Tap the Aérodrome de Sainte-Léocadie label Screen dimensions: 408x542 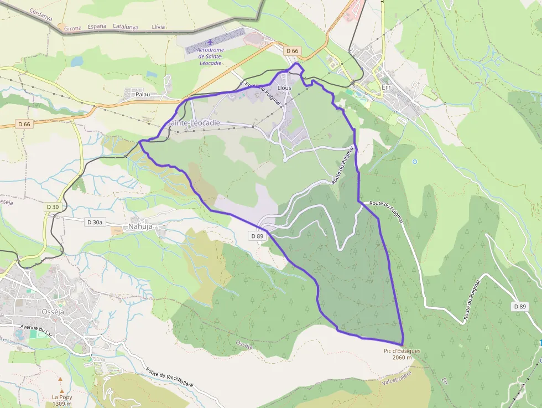[210, 56]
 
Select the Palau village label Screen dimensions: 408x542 [143, 95]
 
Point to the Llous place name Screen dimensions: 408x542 [284, 87]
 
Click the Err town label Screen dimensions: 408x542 [386, 87]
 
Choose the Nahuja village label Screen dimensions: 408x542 [140, 226]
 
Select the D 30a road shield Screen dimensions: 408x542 [95, 222]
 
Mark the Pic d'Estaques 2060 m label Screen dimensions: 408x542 [402, 354]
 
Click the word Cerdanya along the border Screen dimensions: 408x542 [41, 14]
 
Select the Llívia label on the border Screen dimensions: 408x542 [158, 26]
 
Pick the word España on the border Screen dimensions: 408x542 [97, 26]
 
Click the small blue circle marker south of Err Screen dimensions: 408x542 [414, 162]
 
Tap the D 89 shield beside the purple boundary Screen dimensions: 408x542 [257, 236]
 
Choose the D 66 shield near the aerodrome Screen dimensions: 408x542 [292, 51]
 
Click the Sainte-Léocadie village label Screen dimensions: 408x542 [193, 122]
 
